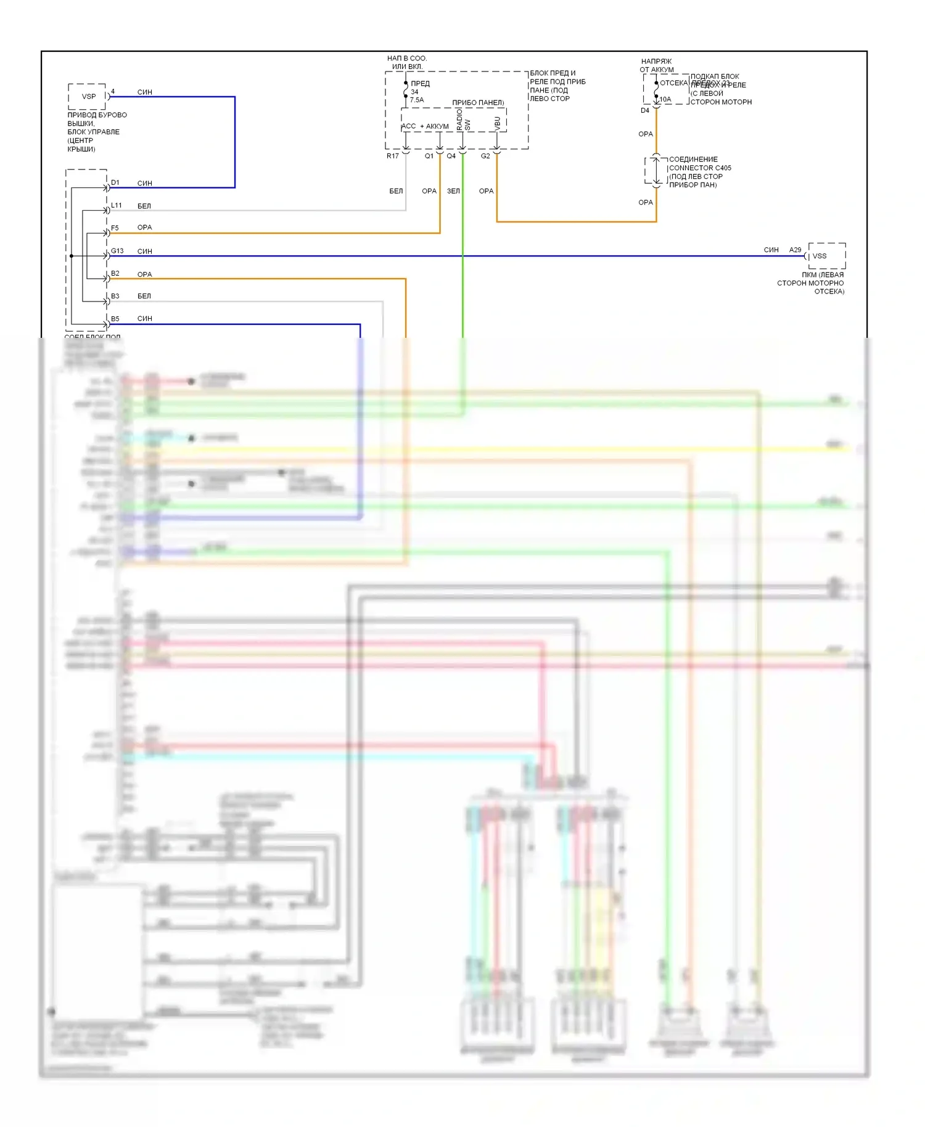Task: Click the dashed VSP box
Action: point(87,96)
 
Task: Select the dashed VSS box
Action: point(826,255)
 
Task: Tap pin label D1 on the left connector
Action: point(115,182)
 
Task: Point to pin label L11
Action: point(117,205)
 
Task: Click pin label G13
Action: point(117,251)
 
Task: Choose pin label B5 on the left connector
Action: point(115,319)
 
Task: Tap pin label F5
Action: point(115,228)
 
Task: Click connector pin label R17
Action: point(392,156)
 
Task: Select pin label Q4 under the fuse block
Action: point(451,156)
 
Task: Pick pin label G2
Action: point(485,156)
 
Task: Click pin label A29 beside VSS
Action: point(795,250)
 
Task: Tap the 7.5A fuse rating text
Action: point(417,100)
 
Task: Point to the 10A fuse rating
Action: point(665,99)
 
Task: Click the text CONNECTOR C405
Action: point(700,168)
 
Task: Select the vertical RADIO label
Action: point(459,119)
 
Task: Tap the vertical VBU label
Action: point(498,123)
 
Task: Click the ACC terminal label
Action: point(409,126)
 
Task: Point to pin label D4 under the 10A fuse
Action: point(645,111)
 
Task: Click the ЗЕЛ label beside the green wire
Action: point(453,191)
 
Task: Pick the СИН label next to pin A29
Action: point(771,250)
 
